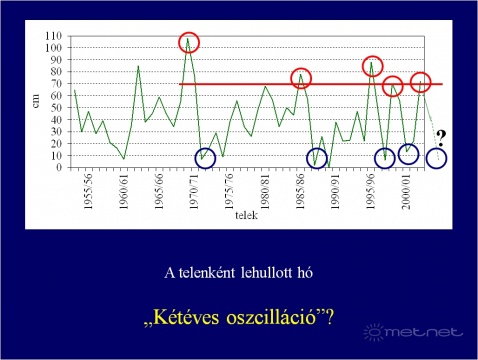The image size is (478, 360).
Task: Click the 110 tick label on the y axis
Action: tap(54, 36)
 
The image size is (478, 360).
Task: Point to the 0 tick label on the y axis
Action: tap(59, 167)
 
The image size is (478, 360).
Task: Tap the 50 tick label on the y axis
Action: tap(56, 107)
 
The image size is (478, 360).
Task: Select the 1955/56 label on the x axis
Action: tap(88, 191)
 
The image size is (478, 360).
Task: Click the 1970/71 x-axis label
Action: tap(194, 191)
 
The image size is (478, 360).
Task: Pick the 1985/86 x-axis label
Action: tap(300, 191)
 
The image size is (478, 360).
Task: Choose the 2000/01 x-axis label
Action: tap(406, 191)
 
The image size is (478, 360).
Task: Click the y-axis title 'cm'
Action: tap(35, 101)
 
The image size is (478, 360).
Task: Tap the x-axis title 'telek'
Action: tap(246, 215)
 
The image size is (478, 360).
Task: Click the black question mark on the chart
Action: tap(441, 138)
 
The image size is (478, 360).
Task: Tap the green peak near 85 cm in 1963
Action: tap(138, 66)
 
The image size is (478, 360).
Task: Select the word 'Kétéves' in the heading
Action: tap(186, 317)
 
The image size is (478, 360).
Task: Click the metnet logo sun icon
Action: tap(374, 332)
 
